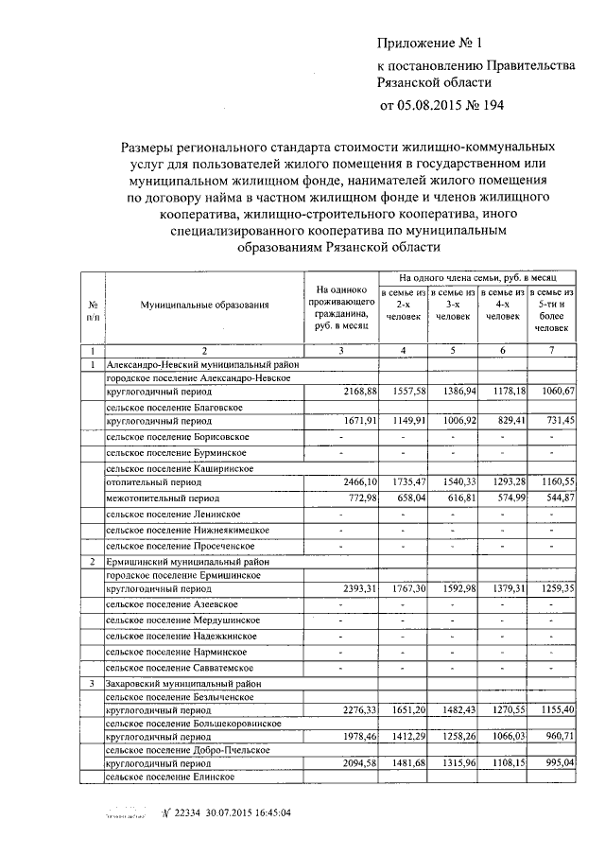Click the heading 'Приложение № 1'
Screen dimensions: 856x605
click(x=430, y=44)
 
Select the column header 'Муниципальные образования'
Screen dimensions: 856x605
click(x=204, y=305)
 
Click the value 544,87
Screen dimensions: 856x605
click(x=556, y=498)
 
